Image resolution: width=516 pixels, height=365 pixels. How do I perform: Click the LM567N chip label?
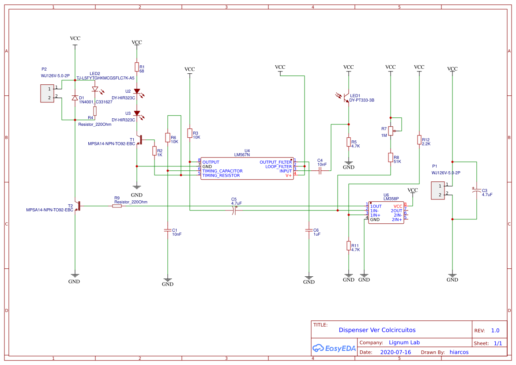(x=242, y=155)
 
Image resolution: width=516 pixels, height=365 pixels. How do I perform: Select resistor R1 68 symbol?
(x=137, y=67)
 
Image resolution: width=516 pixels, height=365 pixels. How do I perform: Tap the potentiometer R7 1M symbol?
(x=391, y=131)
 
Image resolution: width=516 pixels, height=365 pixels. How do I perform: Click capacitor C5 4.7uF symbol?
(x=234, y=211)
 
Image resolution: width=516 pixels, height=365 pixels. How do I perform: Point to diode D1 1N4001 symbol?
(x=75, y=98)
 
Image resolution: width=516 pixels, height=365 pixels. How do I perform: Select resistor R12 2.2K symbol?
(x=419, y=139)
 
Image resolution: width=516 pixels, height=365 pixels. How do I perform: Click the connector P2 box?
(x=47, y=93)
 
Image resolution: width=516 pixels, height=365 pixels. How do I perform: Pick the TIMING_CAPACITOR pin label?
(x=222, y=171)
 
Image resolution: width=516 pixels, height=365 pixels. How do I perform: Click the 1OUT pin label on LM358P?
(x=376, y=206)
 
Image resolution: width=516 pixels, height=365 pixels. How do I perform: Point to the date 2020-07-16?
(x=395, y=352)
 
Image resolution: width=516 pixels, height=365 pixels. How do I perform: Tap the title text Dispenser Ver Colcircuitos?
(x=377, y=330)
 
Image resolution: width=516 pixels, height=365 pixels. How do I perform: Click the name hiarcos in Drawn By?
(x=459, y=352)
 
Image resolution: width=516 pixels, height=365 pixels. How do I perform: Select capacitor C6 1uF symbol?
(x=309, y=230)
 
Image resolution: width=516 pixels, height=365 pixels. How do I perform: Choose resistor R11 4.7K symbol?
(x=349, y=246)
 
